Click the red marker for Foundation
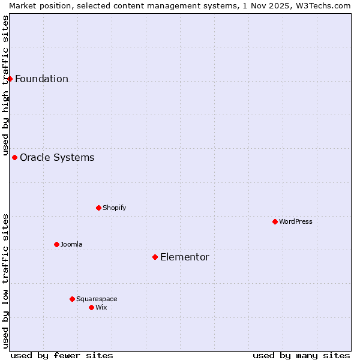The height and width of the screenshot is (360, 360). tap(10, 79)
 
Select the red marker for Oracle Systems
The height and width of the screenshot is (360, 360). tap(15, 157)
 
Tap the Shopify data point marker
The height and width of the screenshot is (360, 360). tap(98, 208)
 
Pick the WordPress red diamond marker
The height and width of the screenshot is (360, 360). tap(275, 221)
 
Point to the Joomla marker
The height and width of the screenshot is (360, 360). tap(56, 244)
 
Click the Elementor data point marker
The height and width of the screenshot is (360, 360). tap(155, 257)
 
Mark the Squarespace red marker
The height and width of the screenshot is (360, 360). tap(72, 299)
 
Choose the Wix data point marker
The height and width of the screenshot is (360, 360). tap(91, 307)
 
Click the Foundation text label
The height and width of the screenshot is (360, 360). tap(41, 79)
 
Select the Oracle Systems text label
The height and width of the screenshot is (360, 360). tap(57, 157)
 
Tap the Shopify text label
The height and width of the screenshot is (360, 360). tap(114, 208)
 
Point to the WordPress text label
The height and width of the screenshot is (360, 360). tap(295, 221)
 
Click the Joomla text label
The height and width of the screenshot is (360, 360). tap(71, 244)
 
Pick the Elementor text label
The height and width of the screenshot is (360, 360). tap(184, 257)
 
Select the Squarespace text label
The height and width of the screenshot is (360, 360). tap(97, 299)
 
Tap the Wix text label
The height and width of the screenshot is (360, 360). tap(101, 307)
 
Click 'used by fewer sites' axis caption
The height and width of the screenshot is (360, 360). tap(62, 355)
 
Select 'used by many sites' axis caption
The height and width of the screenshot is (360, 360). tap(301, 355)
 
